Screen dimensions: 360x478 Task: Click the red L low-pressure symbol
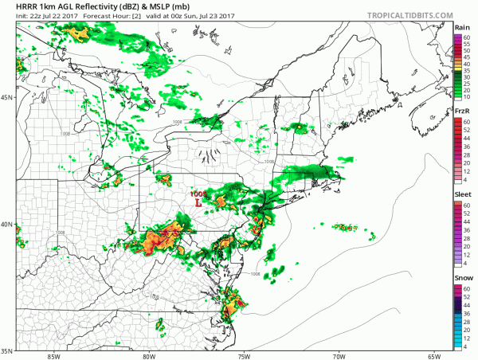pyautogui.click(x=198, y=203)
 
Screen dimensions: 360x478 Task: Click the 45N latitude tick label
pyautogui.click(x=6, y=98)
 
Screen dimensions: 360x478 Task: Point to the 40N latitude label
pyautogui.click(x=6, y=224)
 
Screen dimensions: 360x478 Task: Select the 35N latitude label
pyautogui.click(x=6, y=350)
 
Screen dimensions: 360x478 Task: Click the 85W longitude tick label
pyautogui.click(x=53, y=355)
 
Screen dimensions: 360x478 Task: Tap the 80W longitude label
pyautogui.click(x=149, y=355)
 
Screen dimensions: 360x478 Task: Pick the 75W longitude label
pyautogui.click(x=245, y=355)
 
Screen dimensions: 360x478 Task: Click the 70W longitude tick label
pyautogui.click(x=340, y=355)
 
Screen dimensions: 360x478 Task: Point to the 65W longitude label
pyautogui.click(x=435, y=355)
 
